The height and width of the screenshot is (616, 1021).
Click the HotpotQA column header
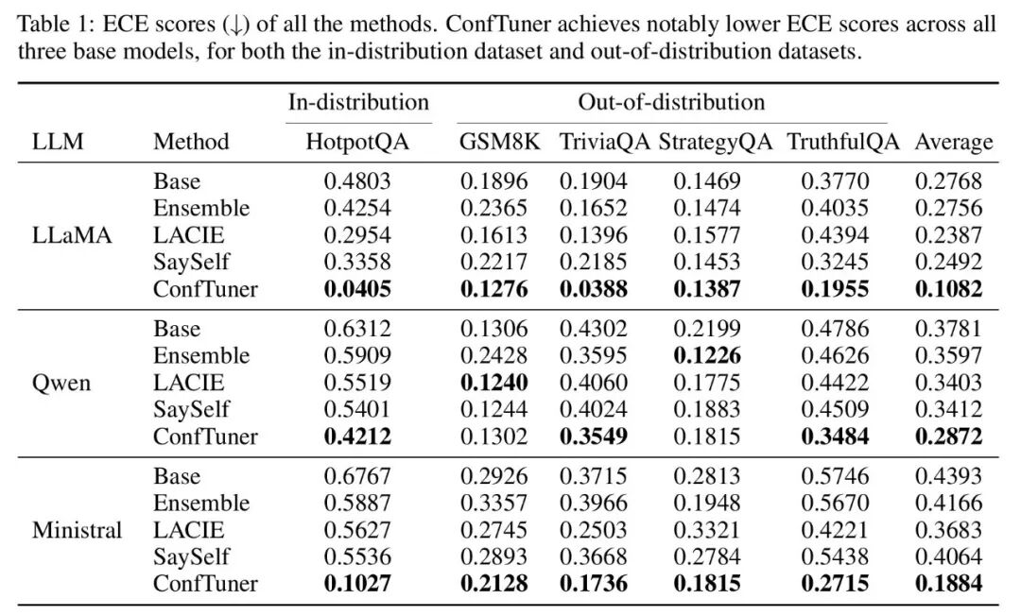coord(357,142)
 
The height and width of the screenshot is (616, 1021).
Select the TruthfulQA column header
coord(843,142)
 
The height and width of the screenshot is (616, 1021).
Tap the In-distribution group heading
coord(359,102)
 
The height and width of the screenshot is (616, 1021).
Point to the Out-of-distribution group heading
coord(671,102)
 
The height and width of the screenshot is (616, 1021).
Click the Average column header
coord(954,142)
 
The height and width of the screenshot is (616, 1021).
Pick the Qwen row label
coord(61,383)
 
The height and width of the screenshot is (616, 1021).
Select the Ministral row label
coord(77,530)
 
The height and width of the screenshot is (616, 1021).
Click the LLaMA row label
coord(72,235)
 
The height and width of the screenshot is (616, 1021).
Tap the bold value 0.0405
coord(357,289)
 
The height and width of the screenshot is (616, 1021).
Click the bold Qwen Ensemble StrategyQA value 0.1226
coord(707,356)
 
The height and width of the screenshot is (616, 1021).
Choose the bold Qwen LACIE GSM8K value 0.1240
coord(494,383)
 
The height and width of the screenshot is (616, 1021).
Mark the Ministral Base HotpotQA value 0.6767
coord(357,476)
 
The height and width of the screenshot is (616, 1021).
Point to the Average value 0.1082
coord(949,289)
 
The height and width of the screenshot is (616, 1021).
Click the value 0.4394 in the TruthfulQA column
coord(835,235)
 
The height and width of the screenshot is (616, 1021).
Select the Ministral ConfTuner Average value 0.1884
coord(949,584)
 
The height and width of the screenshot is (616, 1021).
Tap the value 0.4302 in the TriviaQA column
coord(593,329)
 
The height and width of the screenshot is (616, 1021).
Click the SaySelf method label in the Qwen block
coord(191,410)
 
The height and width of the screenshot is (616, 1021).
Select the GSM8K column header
coord(500,142)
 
